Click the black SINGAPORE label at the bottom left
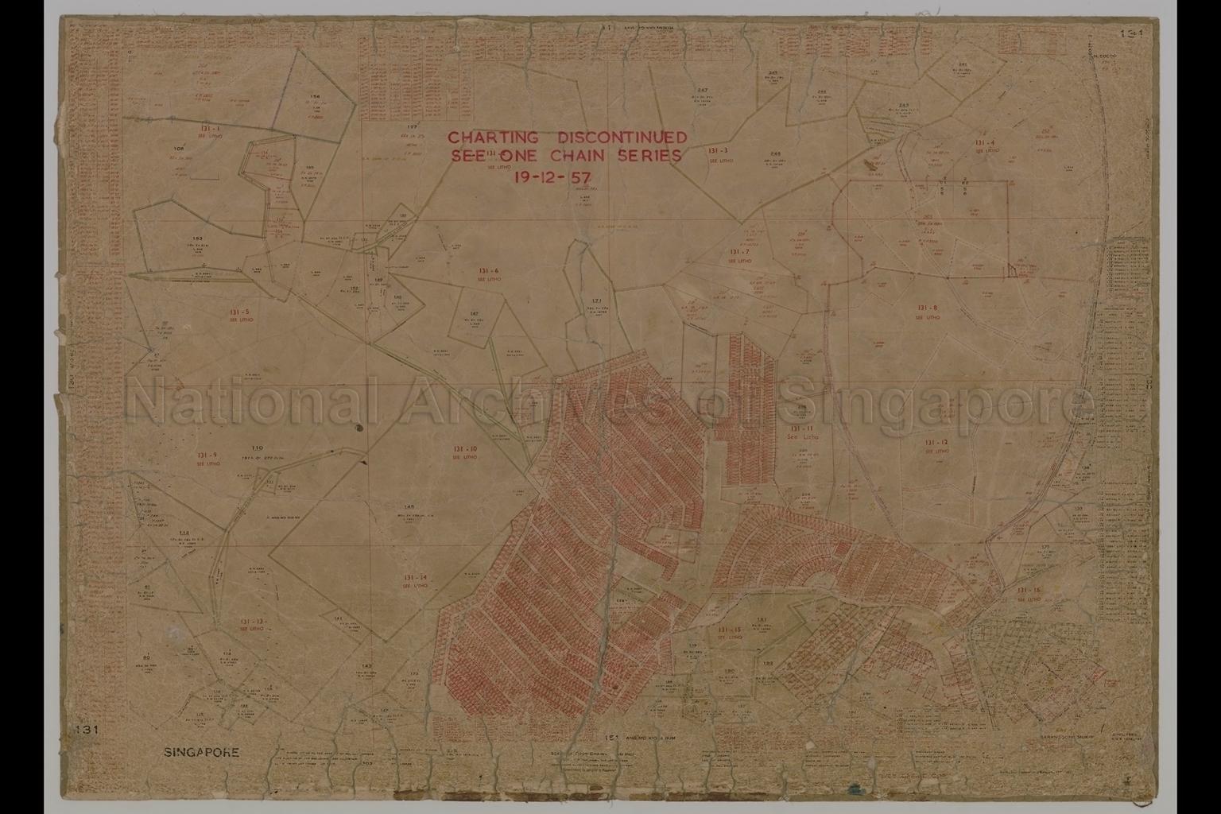201,751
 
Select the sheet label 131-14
415,577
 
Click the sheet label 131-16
1029,590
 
